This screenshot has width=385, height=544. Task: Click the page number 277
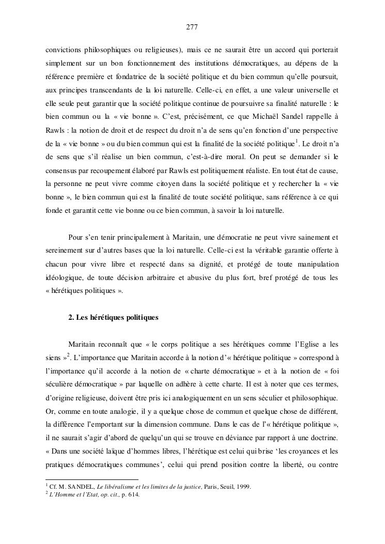click(x=192, y=27)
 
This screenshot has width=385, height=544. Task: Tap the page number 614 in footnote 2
click(x=133, y=494)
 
